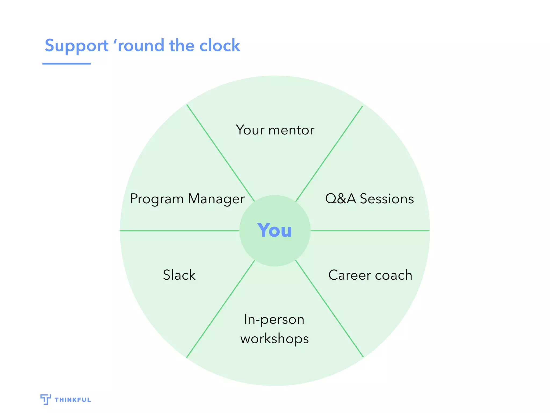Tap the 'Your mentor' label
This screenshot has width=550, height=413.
click(x=275, y=130)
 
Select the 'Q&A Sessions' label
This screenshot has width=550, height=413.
click(x=369, y=199)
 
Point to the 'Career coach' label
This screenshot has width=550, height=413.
click(x=370, y=275)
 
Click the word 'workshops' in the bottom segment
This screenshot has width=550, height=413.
click(x=274, y=339)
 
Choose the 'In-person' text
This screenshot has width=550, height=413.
click(x=274, y=320)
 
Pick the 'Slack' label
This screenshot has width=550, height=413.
click(x=179, y=275)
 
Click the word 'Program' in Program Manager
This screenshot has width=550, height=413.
click(x=157, y=199)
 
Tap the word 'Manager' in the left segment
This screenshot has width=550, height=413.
click(x=216, y=199)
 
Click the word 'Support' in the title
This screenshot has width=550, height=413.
click(x=77, y=46)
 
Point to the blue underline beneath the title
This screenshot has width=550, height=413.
click(x=66, y=64)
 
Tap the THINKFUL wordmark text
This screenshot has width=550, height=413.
click(x=73, y=400)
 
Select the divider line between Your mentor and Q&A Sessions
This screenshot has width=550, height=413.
click(x=329, y=154)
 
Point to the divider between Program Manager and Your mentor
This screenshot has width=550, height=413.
click(x=220, y=153)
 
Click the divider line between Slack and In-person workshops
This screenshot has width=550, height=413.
click(x=220, y=309)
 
